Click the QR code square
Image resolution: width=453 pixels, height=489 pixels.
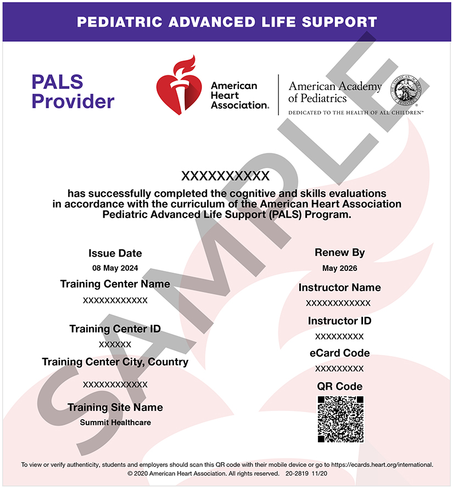point(340,419)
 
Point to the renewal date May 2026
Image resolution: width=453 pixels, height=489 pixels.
point(340,268)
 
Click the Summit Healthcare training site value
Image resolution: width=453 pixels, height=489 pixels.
point(115,423)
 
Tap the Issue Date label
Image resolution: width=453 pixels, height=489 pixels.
point(115,253)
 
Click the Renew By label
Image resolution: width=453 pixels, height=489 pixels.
point(340,253)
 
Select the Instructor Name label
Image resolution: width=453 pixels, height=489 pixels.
point(339,287)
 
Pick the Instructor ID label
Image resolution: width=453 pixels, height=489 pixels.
point(339,321)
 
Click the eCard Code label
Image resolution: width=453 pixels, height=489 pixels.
point(339,353)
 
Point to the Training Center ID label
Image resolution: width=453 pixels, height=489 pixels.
point(115,329)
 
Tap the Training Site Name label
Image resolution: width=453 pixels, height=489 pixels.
point(115,407)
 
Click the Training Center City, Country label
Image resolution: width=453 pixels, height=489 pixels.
point(115,362)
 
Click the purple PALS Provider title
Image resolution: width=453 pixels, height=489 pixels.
point(72,92)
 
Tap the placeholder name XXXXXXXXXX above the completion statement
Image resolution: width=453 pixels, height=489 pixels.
point(226,176)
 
